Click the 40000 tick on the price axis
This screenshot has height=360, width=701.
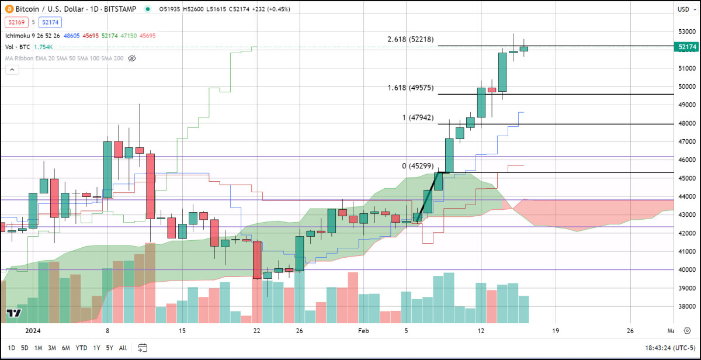[x=687, y=270]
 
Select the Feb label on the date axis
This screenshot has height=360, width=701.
[x=363, y=331]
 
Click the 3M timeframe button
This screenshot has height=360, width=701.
[x=52, y=348]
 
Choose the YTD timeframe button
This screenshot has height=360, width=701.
[x=81, y=348]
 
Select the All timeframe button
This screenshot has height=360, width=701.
[x=123, y=348]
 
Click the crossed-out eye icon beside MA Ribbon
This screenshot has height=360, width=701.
[x=131, y=58]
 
